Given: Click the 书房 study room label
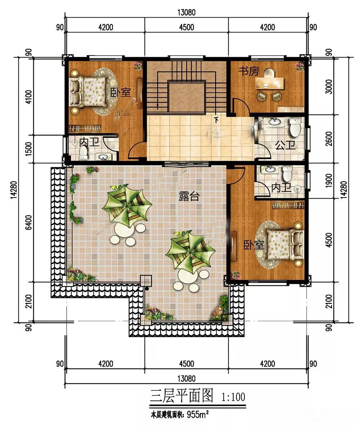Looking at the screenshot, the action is click(x=249, y=72).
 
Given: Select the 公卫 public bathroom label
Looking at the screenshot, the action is click(x=285, y=145).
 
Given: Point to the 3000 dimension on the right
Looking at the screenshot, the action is click(x=329, y=87).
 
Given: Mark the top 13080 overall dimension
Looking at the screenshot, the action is click(x=186, y=12).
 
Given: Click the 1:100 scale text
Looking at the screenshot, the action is click(x=233, y=397).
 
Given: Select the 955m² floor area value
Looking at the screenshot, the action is click(x=198, y=414).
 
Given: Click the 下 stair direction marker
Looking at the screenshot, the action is click(x=216, y=120).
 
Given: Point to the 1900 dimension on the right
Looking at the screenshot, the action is click(x=329, y=180).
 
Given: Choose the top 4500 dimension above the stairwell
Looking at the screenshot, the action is click(x=186, y=27).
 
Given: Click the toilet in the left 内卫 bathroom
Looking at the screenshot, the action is click(x=83, y=152).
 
